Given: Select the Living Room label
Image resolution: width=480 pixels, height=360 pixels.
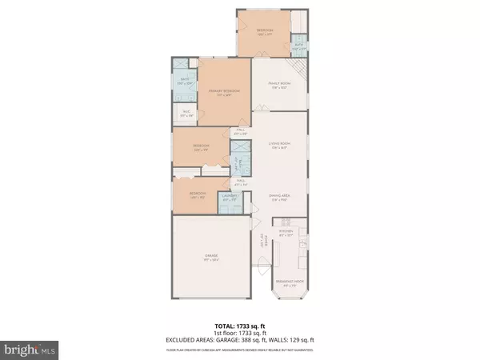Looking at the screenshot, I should (x=278, y=145).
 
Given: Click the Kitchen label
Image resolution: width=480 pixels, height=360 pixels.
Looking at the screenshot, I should (x=286, y=234).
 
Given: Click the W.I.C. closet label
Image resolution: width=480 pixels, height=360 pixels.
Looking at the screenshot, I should (x=186, y=114).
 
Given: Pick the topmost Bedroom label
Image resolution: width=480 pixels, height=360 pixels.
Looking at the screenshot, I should (x=265, y=33).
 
